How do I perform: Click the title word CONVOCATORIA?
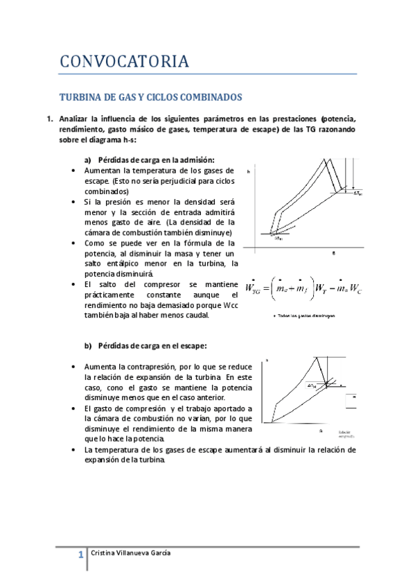pos(124,62)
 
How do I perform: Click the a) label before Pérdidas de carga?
pos(88,159)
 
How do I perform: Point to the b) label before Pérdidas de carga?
pos(88,345)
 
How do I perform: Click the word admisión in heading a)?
pos(195,159)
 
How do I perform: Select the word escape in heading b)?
pos(192,345)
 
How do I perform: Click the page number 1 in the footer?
pos(80,554)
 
